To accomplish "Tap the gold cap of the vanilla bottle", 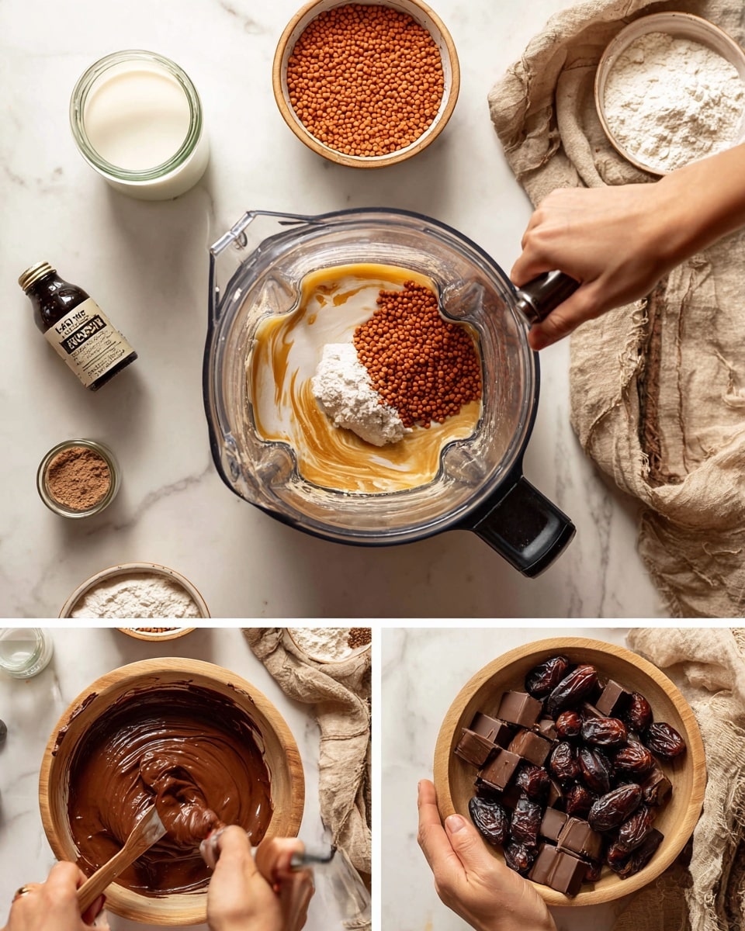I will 36,275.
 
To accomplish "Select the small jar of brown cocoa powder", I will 78,478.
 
